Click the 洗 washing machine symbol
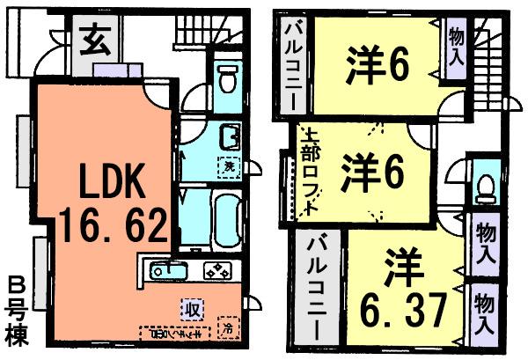(x=228, y=165)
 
